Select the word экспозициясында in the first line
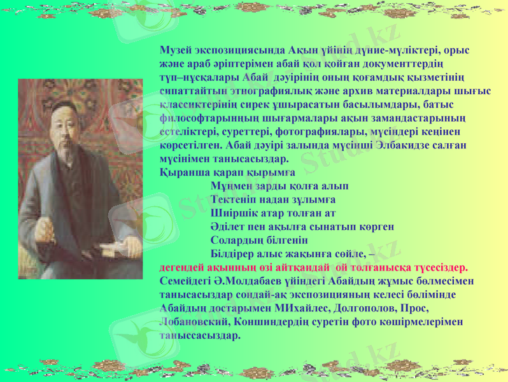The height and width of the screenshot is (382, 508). pos(238,50)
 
